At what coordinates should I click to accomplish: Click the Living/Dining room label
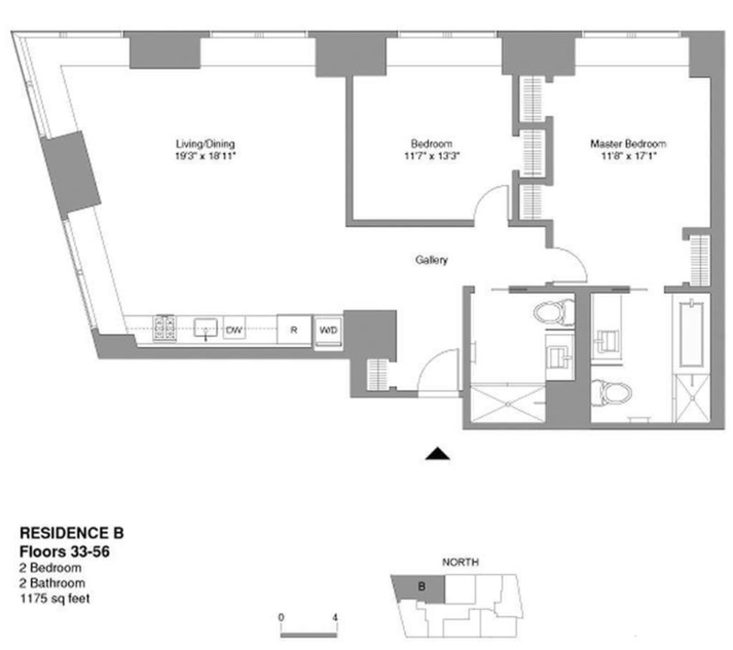tap(206, 144)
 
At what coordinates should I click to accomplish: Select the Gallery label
tap(431, 261)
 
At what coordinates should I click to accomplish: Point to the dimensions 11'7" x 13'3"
tap(431, 157)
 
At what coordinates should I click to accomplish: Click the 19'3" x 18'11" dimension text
tap(206, 157)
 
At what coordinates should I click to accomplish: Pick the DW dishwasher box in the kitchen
tap(235, 328)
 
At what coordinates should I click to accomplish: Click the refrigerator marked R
tap(292, 329)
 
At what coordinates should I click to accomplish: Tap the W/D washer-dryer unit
tap(327, 329)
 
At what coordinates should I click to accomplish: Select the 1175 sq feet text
tap(55, 600)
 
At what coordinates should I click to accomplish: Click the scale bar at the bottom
tap(310, 631)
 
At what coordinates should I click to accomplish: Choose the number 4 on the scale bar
tap(336, 616)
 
